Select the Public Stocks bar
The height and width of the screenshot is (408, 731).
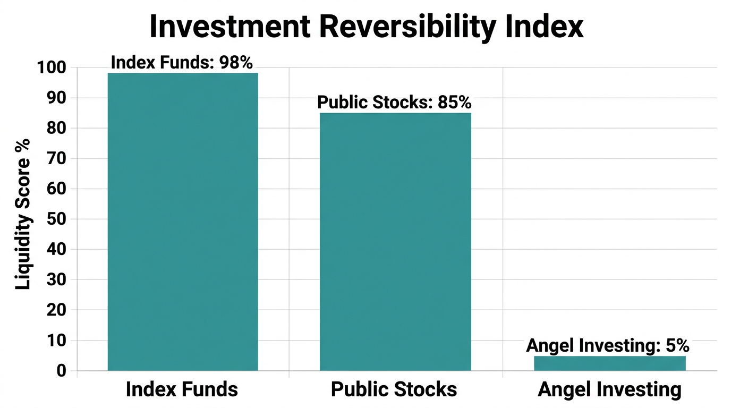click(395, 241)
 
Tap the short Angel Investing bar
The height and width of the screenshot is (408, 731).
click(609, 363)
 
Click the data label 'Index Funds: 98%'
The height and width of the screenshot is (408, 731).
click(182, 62)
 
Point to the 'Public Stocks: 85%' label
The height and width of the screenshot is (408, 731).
click(394, 102)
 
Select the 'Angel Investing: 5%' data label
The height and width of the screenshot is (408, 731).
click(607, 346)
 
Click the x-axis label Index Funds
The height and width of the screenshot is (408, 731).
click(182, 389)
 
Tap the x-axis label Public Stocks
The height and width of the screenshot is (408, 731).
click(394, 389)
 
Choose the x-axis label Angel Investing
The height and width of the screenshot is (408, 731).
click(609, 389)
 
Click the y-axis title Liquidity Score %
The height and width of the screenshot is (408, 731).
click(22, 214)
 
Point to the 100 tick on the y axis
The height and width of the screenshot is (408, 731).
click(51, 68)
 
